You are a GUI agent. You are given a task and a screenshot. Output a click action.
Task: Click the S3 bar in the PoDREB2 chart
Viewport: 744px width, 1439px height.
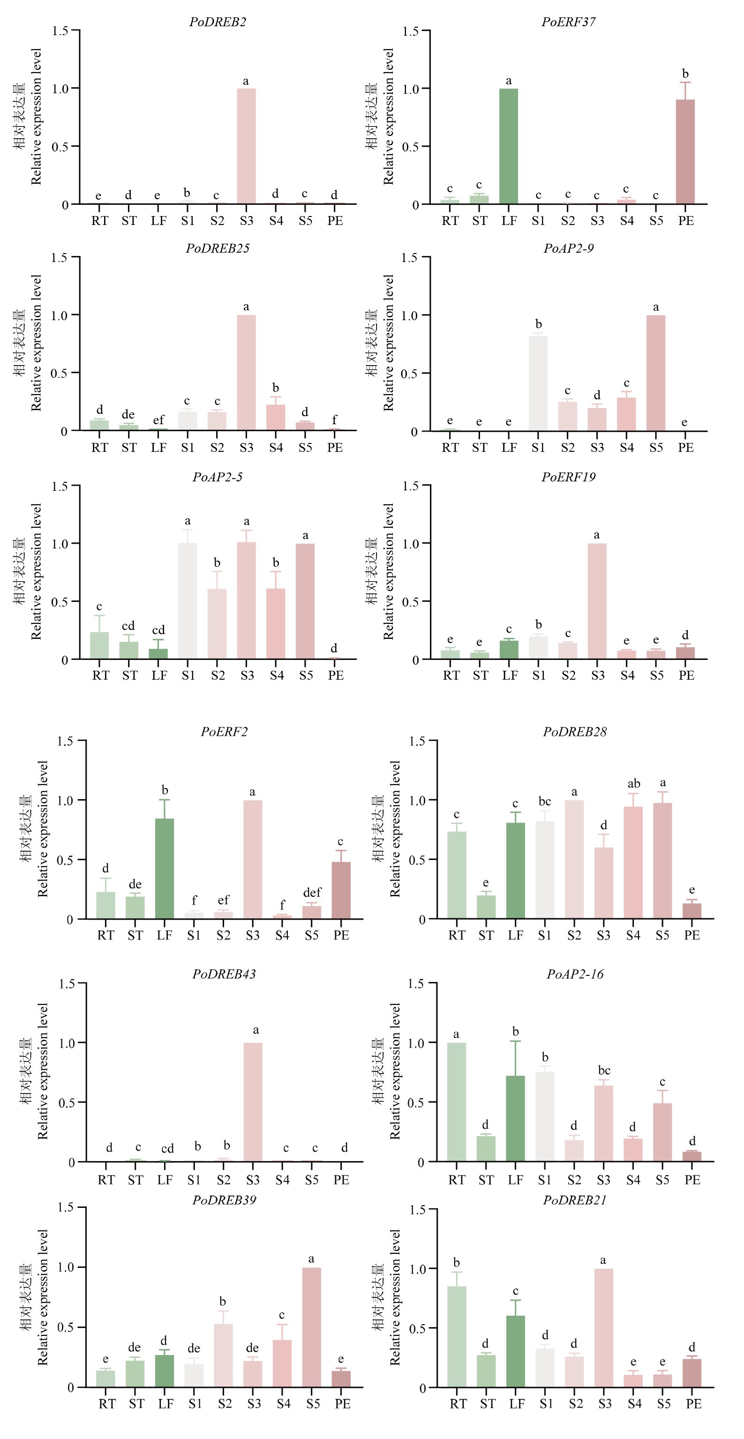click(246, 146)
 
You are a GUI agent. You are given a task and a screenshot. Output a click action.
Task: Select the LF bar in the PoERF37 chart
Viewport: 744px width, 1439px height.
click(508, 146)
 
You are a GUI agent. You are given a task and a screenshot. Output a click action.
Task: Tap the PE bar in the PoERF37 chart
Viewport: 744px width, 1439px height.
click(685, 152)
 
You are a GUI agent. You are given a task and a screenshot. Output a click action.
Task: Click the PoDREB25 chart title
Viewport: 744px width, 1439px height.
click(218, 248)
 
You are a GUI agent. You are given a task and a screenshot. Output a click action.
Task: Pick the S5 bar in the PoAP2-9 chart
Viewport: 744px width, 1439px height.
click(656, 373)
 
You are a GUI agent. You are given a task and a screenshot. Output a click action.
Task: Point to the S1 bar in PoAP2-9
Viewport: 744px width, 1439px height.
click(538, 383)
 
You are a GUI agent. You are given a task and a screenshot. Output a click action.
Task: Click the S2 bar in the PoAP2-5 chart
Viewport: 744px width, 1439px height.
click(217, 624)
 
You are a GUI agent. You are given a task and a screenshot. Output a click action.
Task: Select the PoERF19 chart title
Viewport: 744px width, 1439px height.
click(568, 477)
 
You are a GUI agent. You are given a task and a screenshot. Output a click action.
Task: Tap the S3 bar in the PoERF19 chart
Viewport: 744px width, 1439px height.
click(597, 601)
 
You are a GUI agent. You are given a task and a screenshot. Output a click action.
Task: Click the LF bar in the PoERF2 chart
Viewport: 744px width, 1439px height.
click(164, 869)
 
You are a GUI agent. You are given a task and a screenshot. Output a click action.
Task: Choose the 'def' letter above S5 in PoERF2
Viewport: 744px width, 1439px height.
click(312, 892)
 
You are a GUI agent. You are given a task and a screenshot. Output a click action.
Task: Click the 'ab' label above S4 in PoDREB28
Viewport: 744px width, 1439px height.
click(633, 784)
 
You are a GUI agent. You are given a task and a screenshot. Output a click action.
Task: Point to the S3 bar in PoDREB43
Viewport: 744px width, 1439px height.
click(253, 1102)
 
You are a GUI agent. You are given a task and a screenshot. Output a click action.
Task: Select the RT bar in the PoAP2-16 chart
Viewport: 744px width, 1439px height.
click(456, 1102)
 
